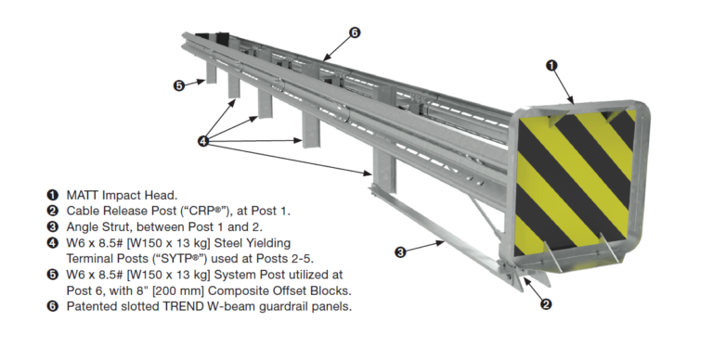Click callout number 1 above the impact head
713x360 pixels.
551,65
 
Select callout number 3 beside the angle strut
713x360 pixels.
401,251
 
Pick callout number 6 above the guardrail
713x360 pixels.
355,32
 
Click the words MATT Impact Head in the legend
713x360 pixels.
121,195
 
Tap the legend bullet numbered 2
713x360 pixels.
53,211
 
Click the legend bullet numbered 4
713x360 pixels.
53,243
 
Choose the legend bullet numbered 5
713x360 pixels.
53,275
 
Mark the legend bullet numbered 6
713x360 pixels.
53,306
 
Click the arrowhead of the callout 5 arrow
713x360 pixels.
205,82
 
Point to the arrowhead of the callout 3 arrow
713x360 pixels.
441,242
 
